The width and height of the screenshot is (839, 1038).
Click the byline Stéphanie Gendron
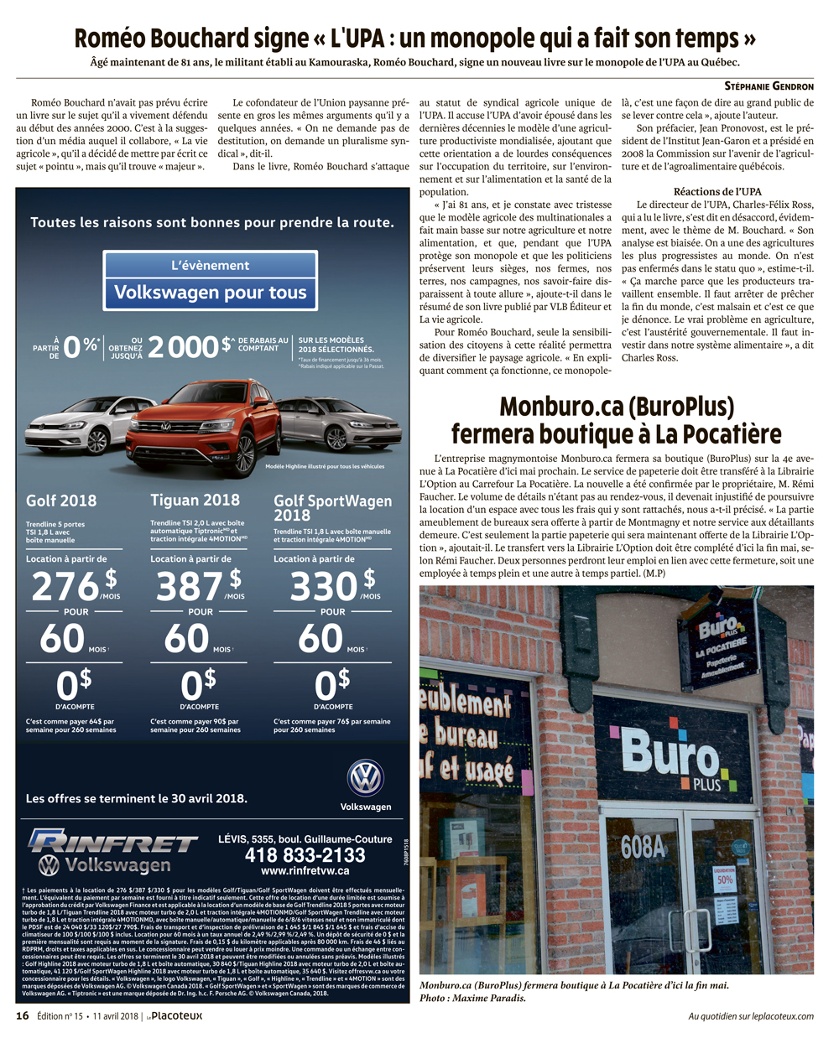[769, 86]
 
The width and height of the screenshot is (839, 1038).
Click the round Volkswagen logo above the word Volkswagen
[366, 778]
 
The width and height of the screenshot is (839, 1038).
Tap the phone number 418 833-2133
[305, 855]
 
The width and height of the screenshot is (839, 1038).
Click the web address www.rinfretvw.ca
[305, 871]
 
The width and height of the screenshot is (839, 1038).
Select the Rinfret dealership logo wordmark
[113, 842]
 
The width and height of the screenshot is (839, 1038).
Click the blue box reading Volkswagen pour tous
[211, 293]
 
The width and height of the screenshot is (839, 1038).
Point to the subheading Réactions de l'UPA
[717, 192]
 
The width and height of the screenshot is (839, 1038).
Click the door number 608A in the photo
[644, 848]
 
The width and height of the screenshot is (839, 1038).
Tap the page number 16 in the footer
[23, 1016]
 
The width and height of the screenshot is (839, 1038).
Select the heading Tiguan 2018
[195, 500]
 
